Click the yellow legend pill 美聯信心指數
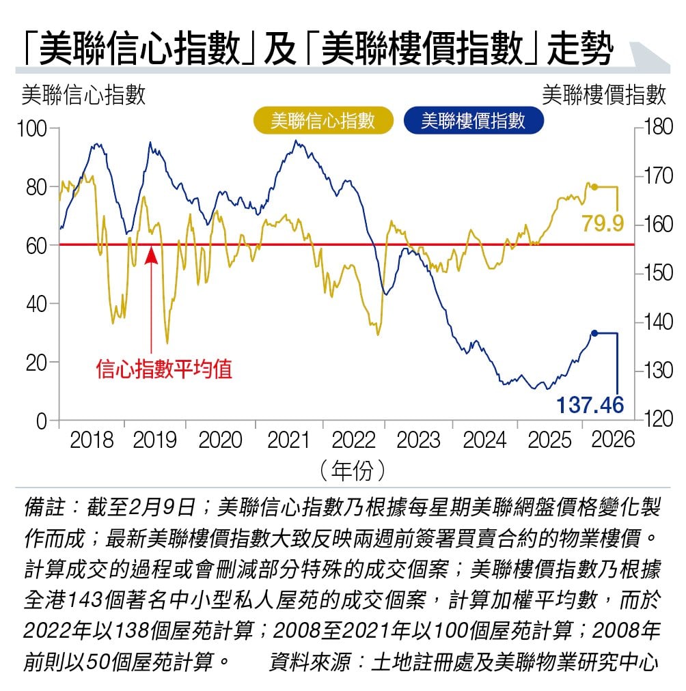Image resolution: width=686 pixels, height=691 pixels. pyautogui.click(x=323, y=121)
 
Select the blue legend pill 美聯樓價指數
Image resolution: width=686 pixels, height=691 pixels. pyautogui.click(x=473, y=121)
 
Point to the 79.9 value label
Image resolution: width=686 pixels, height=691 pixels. pyautogui.click(x=603, y=223)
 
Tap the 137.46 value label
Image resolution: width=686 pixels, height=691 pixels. pyautogui.click(x=590, y=405)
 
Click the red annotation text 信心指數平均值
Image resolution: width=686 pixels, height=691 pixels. pyautogui.click(x=164, y=369)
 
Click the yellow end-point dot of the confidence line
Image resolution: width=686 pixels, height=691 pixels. pyautogui.click(x=594, y=186)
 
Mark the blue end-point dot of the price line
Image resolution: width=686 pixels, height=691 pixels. pyautogui.click(x=594, y=333)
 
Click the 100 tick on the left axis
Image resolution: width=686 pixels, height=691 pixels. pyautogui.click(x=31, y=128)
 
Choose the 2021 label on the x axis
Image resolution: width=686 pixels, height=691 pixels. pyautogui.click(x=288, y=440)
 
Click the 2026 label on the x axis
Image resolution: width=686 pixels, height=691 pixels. pyautogui.click(x=612, y=440)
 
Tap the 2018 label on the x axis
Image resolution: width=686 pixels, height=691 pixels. pyautogui.click(x=92, y=440)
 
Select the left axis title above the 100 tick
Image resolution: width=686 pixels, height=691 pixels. pyautogui.click(x=84, y=95)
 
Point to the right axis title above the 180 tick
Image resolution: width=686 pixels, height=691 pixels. pyautogui.click(x=604, y=95)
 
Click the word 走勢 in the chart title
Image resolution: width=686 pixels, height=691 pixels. pyautogui.click(x=579, y=52)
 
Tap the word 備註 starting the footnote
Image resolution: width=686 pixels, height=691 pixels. pyautogui.click(x=45, y=507)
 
